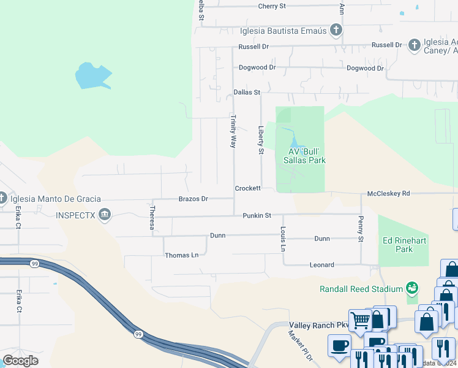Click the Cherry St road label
[x=272, y=6]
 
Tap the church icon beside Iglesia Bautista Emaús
[x=336, y=29]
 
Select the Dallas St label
[x=247, y=93]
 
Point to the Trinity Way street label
[x=233, y=131]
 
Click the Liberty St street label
[x=261, y=140]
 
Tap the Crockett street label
[x=248, y=188]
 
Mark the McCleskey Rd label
[x=388, y=194]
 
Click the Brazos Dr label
[x=193, y=199]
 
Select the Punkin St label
[x=257, y=216]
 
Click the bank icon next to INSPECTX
[x=105, y=215]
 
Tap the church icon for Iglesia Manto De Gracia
[x=2, y=197]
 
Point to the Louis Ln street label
[x=283, y=239]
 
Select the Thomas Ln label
[x=182, y=255]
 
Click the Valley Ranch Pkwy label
[x=312, y=325]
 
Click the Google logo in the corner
[x=21, y=361]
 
